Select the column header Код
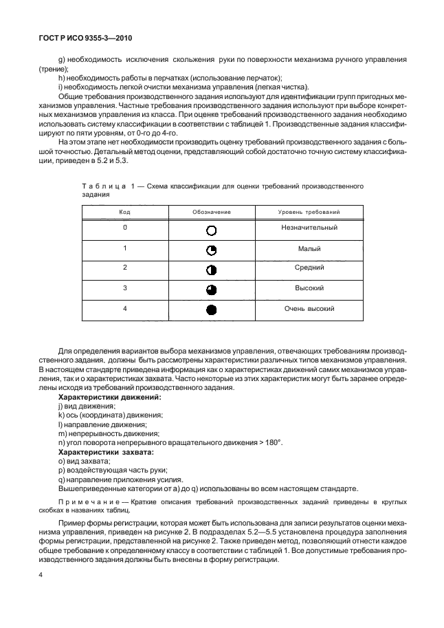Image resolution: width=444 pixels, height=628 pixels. pos(125,213)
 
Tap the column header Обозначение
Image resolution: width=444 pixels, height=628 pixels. pos(212,213)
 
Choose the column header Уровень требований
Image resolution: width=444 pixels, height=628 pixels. pos(309,213)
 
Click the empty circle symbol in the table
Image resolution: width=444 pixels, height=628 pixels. pos(212,230)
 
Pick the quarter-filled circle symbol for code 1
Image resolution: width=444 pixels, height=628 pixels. pos(212,250)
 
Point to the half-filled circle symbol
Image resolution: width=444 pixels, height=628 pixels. pos(212,269)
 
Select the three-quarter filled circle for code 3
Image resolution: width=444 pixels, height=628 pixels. pos(212,290)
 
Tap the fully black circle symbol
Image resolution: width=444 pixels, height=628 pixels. pos(212,310)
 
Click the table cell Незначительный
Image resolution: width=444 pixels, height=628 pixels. pos(309,228)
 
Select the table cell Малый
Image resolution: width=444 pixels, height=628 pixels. pos(309,248)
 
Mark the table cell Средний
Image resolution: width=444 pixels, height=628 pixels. pos(309,268)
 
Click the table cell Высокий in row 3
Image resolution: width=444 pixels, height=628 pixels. pos(309,288)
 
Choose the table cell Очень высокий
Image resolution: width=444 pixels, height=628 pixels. pos(309,309)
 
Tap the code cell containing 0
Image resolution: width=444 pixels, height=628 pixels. pos(125,228)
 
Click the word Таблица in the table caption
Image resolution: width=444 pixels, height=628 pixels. pos(100,186)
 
